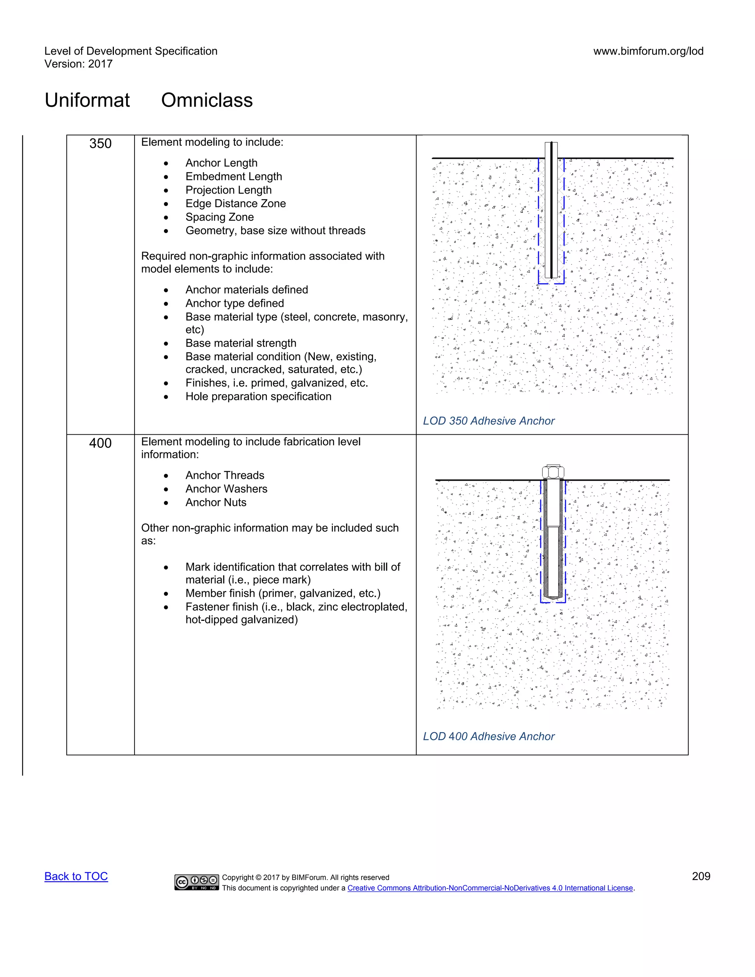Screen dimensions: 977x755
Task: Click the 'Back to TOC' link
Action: click(76, 876)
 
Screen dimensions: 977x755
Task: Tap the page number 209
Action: click(700, 876)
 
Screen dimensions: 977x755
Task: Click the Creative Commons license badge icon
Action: click(196, 882)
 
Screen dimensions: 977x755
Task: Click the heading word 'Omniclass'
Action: click(207, 100)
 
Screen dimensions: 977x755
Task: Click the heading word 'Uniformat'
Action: click(87, 100)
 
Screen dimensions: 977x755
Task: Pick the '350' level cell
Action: click(100, 143)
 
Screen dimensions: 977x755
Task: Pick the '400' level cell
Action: click(100, 443)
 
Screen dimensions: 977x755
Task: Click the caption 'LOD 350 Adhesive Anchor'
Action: click(488, 421)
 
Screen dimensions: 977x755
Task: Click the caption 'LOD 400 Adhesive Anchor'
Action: click(488, 736)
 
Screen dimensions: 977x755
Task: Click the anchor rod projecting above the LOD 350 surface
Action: click(552, 150)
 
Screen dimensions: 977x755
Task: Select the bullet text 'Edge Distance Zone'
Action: click(235, 204)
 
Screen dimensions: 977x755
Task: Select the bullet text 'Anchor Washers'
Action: click(226, 489)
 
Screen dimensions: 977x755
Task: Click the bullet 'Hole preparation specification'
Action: click(258, 397)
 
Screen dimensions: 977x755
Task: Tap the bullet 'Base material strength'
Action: click(241, 343)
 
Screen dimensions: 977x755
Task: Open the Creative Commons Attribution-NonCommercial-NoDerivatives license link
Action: click(490, 888)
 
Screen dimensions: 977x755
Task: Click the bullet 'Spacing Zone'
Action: click(219, 217)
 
